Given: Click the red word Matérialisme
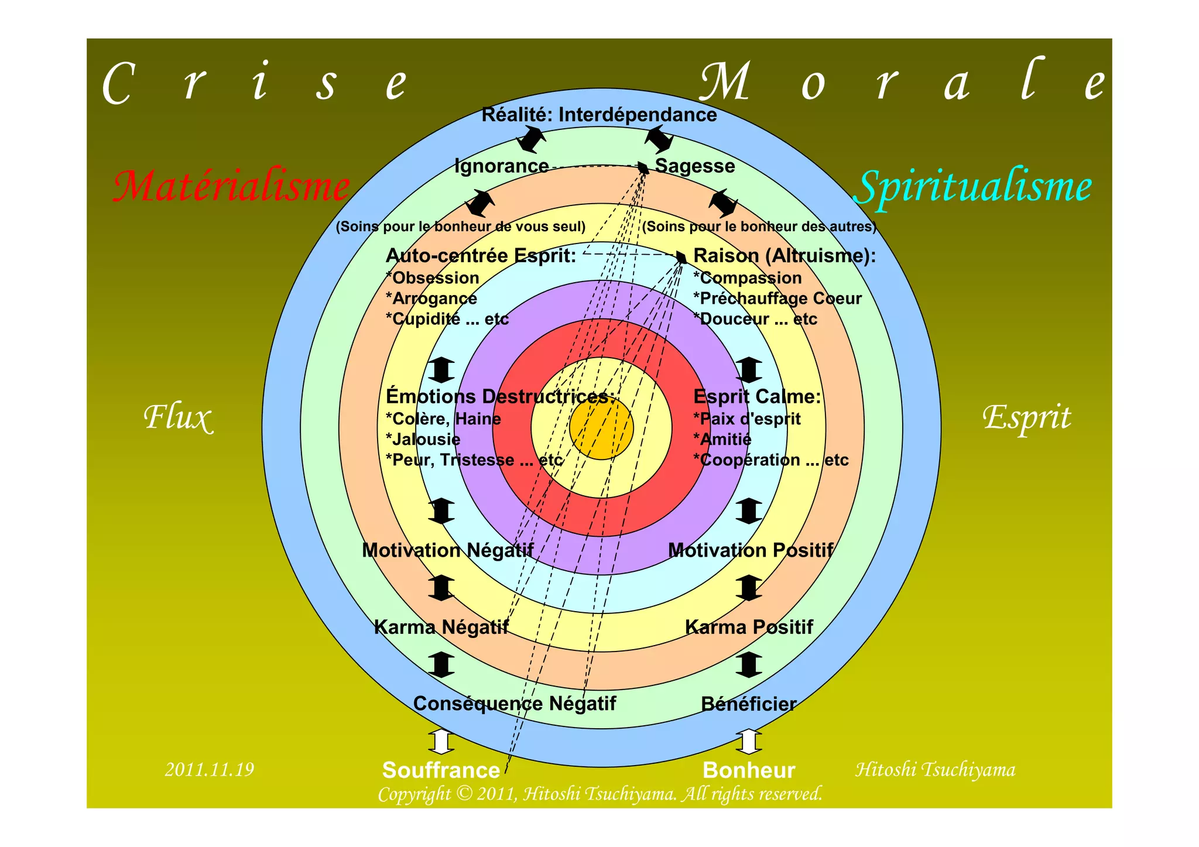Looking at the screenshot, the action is pos(231,187).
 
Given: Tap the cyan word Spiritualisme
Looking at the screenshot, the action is pos(974,187).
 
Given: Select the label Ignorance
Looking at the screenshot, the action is pos(502,166).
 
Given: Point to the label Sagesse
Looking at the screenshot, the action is pos(695,166).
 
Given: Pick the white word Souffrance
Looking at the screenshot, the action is pos(441,770).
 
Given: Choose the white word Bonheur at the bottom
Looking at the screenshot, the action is pos(749,770).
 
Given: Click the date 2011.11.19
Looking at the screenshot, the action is pos(210,769).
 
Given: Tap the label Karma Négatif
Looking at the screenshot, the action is pos(441,627).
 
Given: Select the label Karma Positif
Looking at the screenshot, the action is pos(749,627).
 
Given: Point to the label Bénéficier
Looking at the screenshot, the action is pos(749,704).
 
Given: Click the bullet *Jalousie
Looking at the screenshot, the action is pos(423,440).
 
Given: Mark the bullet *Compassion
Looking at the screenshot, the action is pos(748,278).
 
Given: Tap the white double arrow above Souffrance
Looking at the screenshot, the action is pos(441,742).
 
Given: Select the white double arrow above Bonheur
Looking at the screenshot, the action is pos(749,742).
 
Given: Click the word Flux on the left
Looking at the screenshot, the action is pos(178,418).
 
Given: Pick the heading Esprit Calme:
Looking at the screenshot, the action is pos(757,397).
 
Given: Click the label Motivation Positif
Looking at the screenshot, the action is pos(751,550).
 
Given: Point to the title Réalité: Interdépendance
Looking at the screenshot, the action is pos(599,115).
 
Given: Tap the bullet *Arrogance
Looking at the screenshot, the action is pos(431,299).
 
